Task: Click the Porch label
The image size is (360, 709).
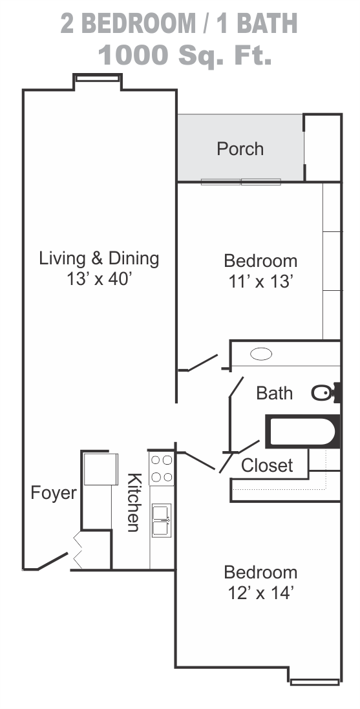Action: (x=240, y=149)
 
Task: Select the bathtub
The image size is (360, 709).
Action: (x=302, y=432)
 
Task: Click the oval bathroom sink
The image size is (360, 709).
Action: (x=261, y=354)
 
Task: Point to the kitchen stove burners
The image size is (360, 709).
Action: (x=162, y=468)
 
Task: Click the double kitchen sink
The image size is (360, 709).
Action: (x=161, y=520)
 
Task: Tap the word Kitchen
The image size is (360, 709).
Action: (x=133, y=502)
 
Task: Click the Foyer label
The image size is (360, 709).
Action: (x=54, y=493)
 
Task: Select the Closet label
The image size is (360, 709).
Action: (x=267, y=465)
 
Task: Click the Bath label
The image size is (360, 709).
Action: (x=275, y=393)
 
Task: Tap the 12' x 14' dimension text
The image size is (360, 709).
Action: (x=260, y=593)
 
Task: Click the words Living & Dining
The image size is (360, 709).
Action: (x=99, y=259)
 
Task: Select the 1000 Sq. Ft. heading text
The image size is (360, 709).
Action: (x=185, y=55)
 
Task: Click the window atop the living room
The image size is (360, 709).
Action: (x=98, y=78)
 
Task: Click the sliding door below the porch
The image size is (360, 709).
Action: (x=241, y=182)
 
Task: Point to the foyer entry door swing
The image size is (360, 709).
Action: (x=53, y=561)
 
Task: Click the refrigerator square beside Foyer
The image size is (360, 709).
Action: (x=101, y=469)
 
